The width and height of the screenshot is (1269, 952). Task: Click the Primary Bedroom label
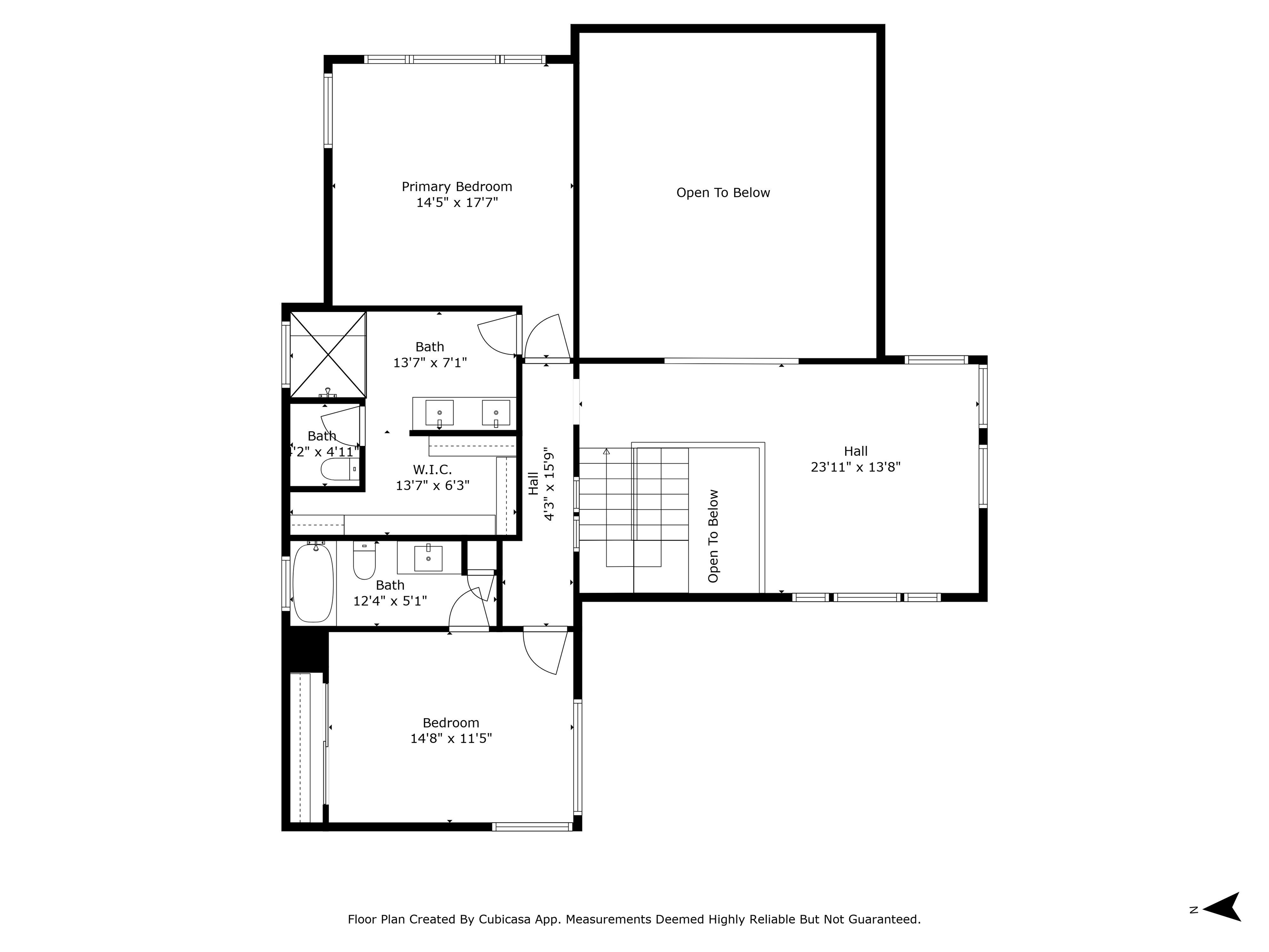[456, 186]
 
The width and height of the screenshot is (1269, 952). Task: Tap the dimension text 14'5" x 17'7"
[456, 202]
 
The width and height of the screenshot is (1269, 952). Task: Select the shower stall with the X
[328, 354]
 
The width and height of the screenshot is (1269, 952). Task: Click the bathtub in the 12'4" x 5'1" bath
[313, 583]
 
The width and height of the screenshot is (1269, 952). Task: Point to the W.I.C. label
[432, 470]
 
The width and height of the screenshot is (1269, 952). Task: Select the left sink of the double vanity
[440, 413]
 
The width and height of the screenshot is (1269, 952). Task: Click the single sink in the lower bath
[428, 558]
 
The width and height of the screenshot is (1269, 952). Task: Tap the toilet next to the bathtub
[364, 561]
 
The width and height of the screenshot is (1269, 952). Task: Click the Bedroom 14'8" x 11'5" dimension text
[451, 738]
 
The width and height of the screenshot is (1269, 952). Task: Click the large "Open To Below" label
[723, 193]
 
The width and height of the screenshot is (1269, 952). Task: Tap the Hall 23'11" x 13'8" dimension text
[856, 467]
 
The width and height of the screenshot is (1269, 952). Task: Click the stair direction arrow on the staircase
[606, 452]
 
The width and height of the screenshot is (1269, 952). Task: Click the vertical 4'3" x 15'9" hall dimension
[549, 484]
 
